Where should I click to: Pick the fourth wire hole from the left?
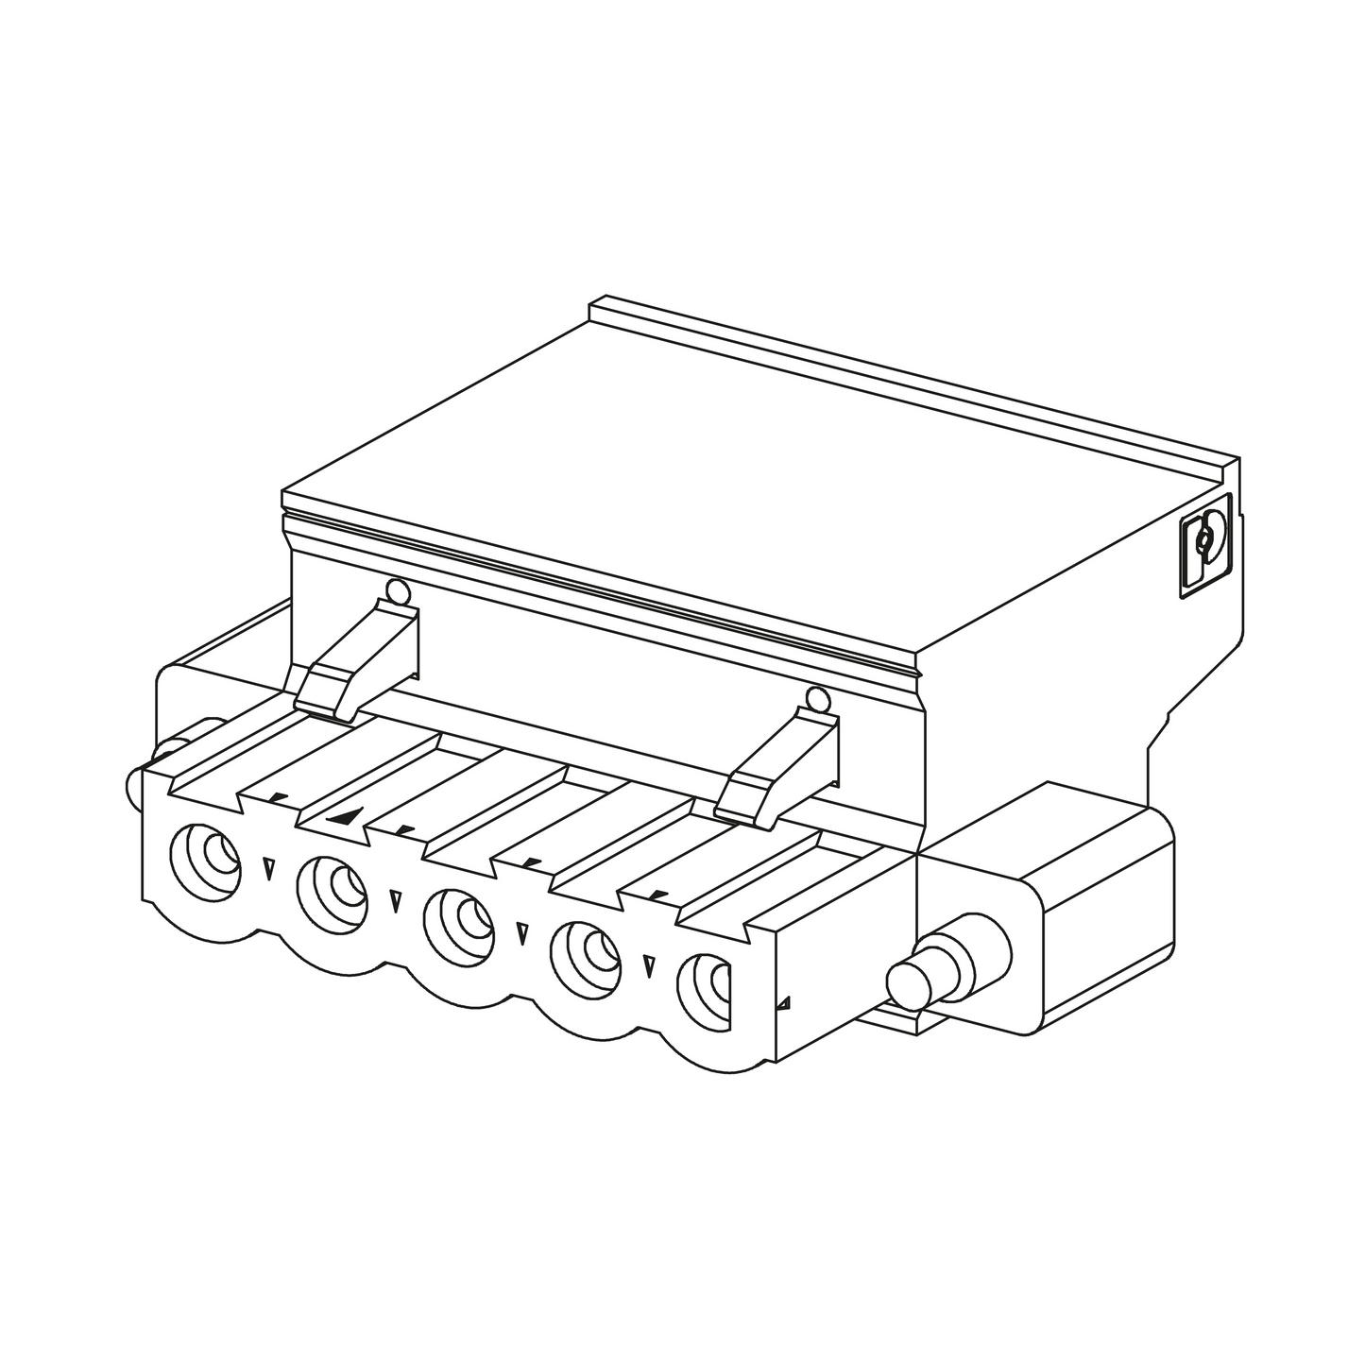click(x=586, y=954)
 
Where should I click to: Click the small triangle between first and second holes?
click(x=269, y=867)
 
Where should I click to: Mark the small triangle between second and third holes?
click(x=395, y=898)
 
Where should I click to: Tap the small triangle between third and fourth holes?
click(x=521, y=933)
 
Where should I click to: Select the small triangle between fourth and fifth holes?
click(x=648, y=966)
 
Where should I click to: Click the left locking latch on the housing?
click(x=359, y=657)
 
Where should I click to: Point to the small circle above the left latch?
click(x=398, y=593)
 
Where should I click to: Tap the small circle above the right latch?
click(x=817, y=700)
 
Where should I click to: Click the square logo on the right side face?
click(x=1205, y=546)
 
